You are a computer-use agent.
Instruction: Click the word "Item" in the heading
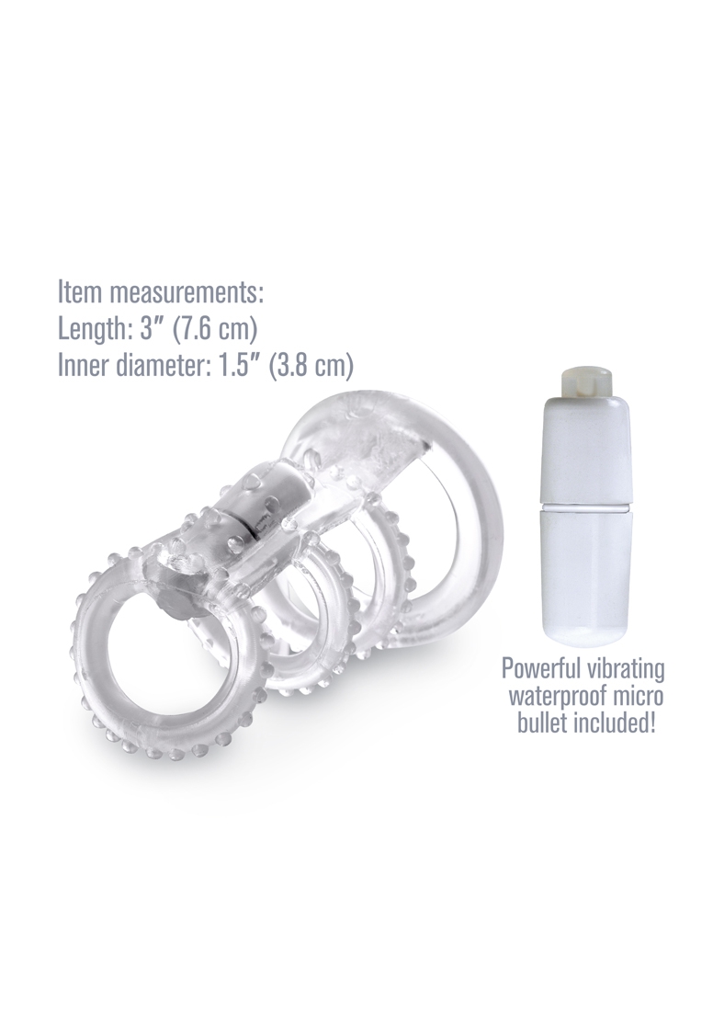pyautogui.click(x=80, y=292)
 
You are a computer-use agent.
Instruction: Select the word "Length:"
pyautogui.click(x=94, y=329)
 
